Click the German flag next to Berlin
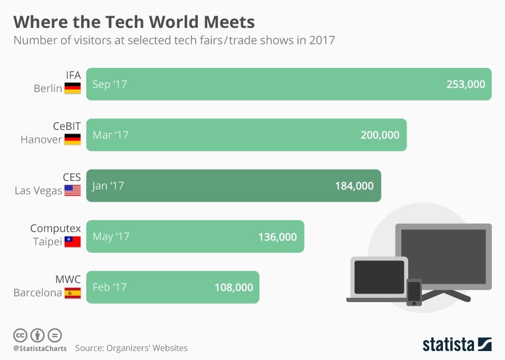pos(73,88)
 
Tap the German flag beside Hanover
pos(73,139)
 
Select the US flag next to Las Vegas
pos(73,191)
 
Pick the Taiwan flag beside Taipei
pos(73,242)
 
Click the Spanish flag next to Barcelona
pos(73,293)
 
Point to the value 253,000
pos(465,84)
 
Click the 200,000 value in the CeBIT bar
pos(380,135)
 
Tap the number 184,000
pos(354,186)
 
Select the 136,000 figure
pos(277,237)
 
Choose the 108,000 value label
pos(234,287)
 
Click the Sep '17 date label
pos(109,84)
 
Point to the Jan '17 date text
pos(108,186)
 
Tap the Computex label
pos(55,228)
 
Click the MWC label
pos(68,279)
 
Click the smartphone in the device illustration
pos(414,292)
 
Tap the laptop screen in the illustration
pos(379,277)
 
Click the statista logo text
pos(449,345)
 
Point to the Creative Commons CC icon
pos(21,335)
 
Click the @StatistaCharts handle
pos(40,348)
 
